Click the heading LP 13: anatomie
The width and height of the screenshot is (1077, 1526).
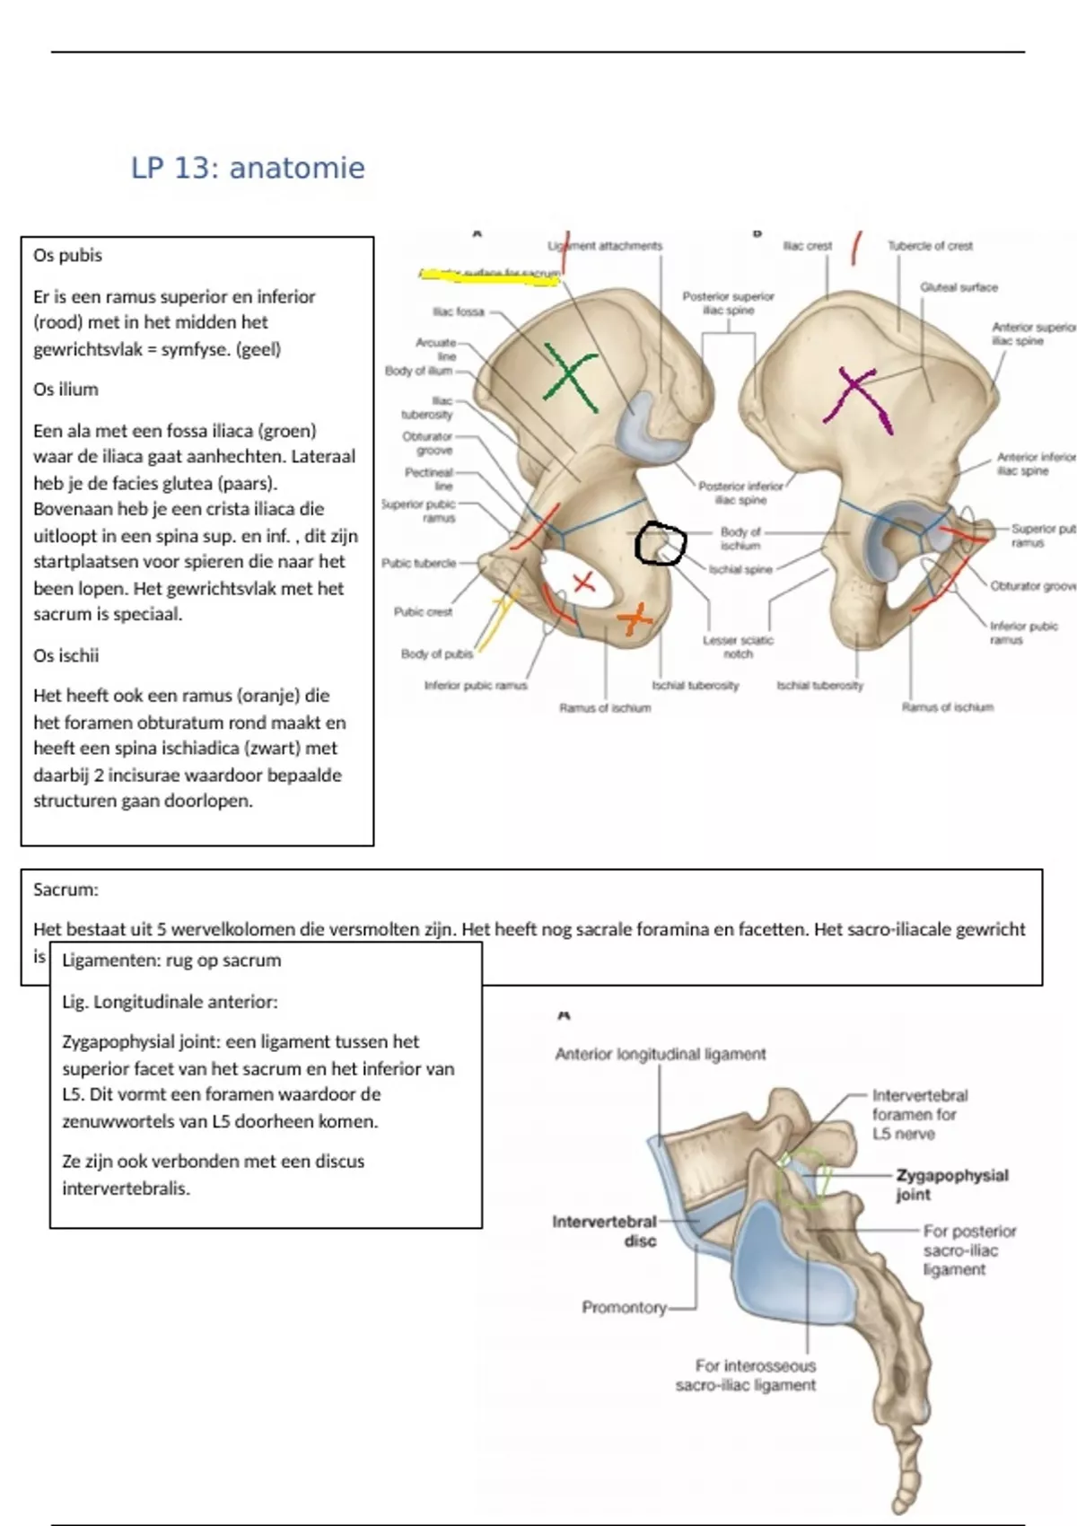point(248,168)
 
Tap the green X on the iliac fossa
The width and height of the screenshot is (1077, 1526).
point(572,380)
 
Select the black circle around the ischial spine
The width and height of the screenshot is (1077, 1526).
point(661,544)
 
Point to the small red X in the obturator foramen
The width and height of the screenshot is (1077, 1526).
point(584,583)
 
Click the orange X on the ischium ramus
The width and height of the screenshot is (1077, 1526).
point(635,618)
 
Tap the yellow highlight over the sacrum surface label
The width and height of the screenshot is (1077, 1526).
point(489,276)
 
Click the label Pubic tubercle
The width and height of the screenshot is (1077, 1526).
point(418,564)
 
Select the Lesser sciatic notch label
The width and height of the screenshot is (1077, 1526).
point(738,646)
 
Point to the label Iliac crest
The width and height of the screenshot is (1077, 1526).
point(807,245)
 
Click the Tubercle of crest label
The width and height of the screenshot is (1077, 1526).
point(930,245)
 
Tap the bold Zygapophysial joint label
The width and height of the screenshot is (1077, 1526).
point(951,1185)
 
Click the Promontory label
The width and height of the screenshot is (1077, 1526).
point(624,1308)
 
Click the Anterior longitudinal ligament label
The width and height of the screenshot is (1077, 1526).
point(661,1055)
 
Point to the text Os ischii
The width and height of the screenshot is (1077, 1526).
point(66,655)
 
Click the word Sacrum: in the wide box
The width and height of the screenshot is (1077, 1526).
point(66,890)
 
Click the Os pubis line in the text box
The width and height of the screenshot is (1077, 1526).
point(67,255)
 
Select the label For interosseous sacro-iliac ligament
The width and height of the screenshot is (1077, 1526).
point(746,1375)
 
